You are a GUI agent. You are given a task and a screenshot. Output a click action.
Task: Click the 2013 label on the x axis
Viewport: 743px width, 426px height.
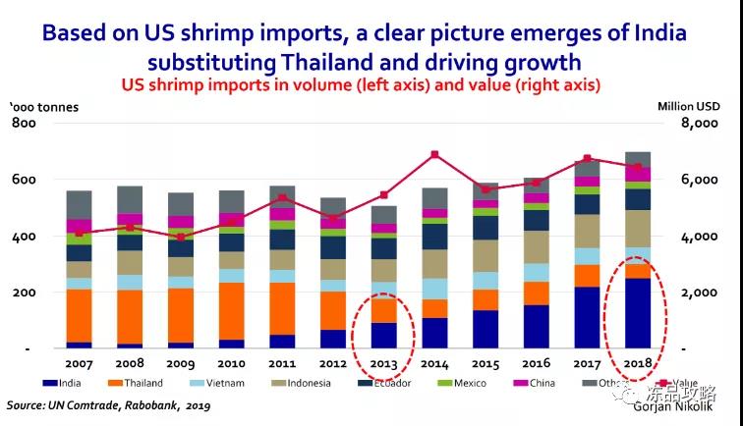[383, 363]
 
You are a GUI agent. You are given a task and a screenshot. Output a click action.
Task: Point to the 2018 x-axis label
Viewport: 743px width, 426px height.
[639, 363]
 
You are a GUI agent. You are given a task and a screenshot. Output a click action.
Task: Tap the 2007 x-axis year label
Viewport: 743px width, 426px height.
[79, 363]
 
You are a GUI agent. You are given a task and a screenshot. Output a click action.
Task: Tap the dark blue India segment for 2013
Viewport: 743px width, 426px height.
[383, 336]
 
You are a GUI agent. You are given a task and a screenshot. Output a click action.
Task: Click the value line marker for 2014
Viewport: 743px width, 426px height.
[434, 155]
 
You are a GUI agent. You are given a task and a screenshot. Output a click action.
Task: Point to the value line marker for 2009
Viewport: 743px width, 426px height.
[180, 237]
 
